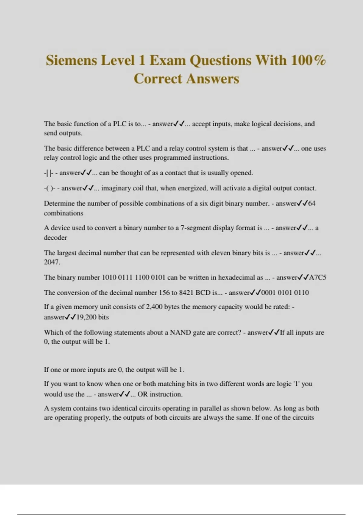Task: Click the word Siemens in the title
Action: [72, 60]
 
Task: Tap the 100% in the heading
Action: [308, 60]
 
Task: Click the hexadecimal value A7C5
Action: [318, 277]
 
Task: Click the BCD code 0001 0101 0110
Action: [285, 293]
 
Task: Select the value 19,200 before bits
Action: [86, 317]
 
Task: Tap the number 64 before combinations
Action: [312, 203]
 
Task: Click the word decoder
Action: [55, 238]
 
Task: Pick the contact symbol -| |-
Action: [48, 173]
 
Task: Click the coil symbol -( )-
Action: [50, 188]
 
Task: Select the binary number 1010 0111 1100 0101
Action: [133, 277]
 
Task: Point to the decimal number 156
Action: [164, 293]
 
